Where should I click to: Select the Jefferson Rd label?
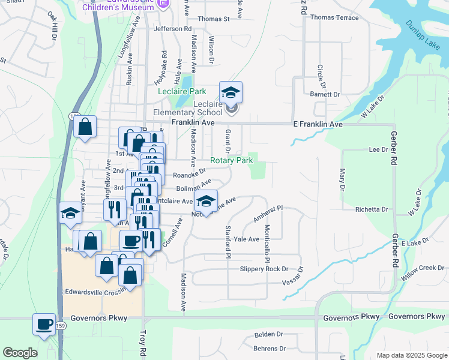[x=172, y=28]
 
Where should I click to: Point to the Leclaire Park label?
[x=182, y=92]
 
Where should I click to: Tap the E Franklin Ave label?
[x=318, y=124]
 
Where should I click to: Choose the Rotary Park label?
[x=231, y=161]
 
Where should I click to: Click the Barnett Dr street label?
[x=325, y=95]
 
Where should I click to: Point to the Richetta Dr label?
[x=372, y=209]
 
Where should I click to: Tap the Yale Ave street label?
[x=250, y=239]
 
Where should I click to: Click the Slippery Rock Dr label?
[x=264, y=269]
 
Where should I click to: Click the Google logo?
[x=20, y=353]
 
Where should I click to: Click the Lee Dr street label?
[x=379, y=149]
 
